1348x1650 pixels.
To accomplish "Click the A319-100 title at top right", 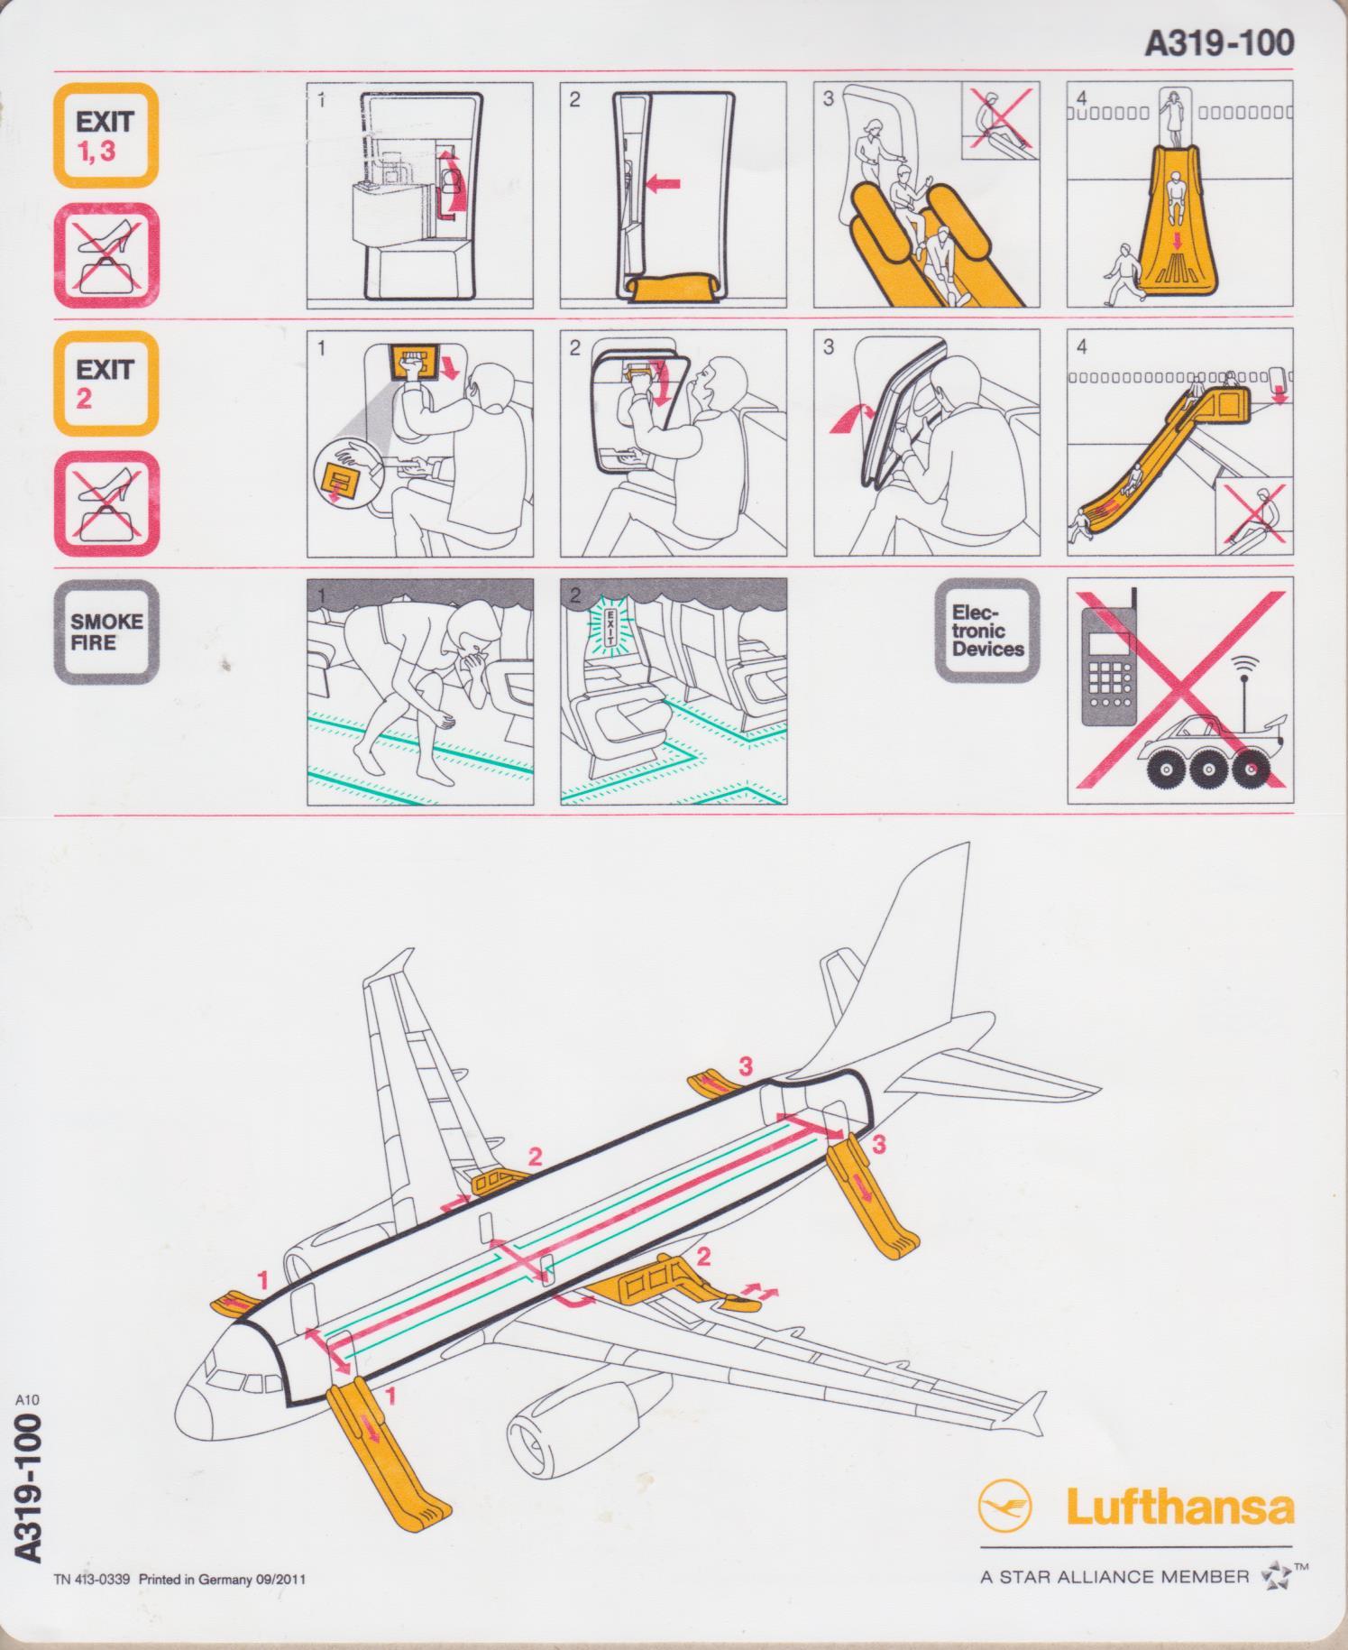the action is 1219,42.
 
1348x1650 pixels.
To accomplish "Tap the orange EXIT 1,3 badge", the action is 105,135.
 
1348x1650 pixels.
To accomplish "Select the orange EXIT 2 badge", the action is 105,383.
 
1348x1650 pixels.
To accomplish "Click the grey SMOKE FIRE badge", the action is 105,631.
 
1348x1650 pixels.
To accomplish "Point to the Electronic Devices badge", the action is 987,631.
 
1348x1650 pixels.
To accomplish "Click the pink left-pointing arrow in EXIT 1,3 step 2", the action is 664,184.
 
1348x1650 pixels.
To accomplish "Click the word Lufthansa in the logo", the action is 1179,1507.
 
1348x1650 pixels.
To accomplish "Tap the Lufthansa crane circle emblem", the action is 1004,1506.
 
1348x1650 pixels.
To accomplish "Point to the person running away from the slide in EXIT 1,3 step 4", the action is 1122,273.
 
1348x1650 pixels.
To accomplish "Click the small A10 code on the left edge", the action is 27,1399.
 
